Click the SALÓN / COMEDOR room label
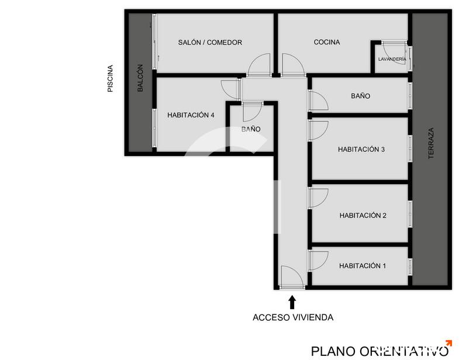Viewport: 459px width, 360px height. click(210, 43)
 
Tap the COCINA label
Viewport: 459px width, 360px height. click(327, 42)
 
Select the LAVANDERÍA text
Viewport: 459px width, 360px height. click(392, 59)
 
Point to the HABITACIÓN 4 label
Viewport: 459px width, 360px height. click(191, 115)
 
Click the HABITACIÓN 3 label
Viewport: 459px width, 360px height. click(361, 149)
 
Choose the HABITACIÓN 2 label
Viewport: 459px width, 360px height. click(363, 216)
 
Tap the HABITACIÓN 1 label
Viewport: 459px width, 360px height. click(363, 266)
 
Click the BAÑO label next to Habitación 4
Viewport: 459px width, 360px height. click(251, 129)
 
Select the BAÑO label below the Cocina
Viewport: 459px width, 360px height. click(360, 96)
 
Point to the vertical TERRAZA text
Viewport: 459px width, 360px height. click(431, 143)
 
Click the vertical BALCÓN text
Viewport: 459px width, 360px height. click(140, 78)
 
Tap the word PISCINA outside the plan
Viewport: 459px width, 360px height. click(110, 78)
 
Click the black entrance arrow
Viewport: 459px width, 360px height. click(292, 302)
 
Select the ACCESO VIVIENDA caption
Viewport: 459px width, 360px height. click(293, 317)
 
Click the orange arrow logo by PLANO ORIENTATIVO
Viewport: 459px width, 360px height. click(448, 343)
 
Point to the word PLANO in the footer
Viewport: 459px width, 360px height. click(333, 351)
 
